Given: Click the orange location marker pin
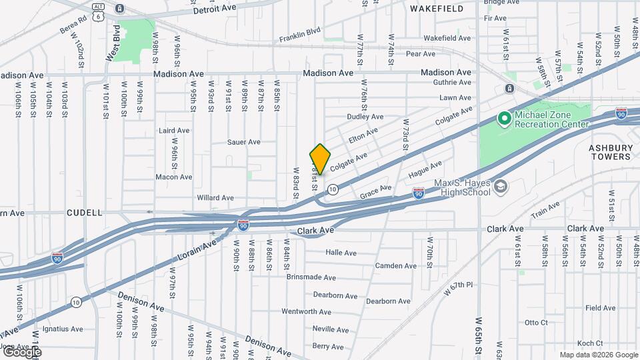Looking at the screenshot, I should coord(320,159).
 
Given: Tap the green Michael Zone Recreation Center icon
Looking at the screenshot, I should coord(505,119).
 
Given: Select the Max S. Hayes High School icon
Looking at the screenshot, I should coord(501,187).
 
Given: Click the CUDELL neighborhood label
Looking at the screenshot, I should coord(85,213).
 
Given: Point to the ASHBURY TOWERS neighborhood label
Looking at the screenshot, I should coord(609,152).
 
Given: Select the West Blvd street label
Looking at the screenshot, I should coord(113,43).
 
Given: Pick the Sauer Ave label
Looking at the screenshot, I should coord(243,142).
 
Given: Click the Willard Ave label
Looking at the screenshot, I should coord(215,198).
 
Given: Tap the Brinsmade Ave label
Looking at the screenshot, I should coord(311,277).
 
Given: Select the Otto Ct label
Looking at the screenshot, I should coord(535,323).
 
